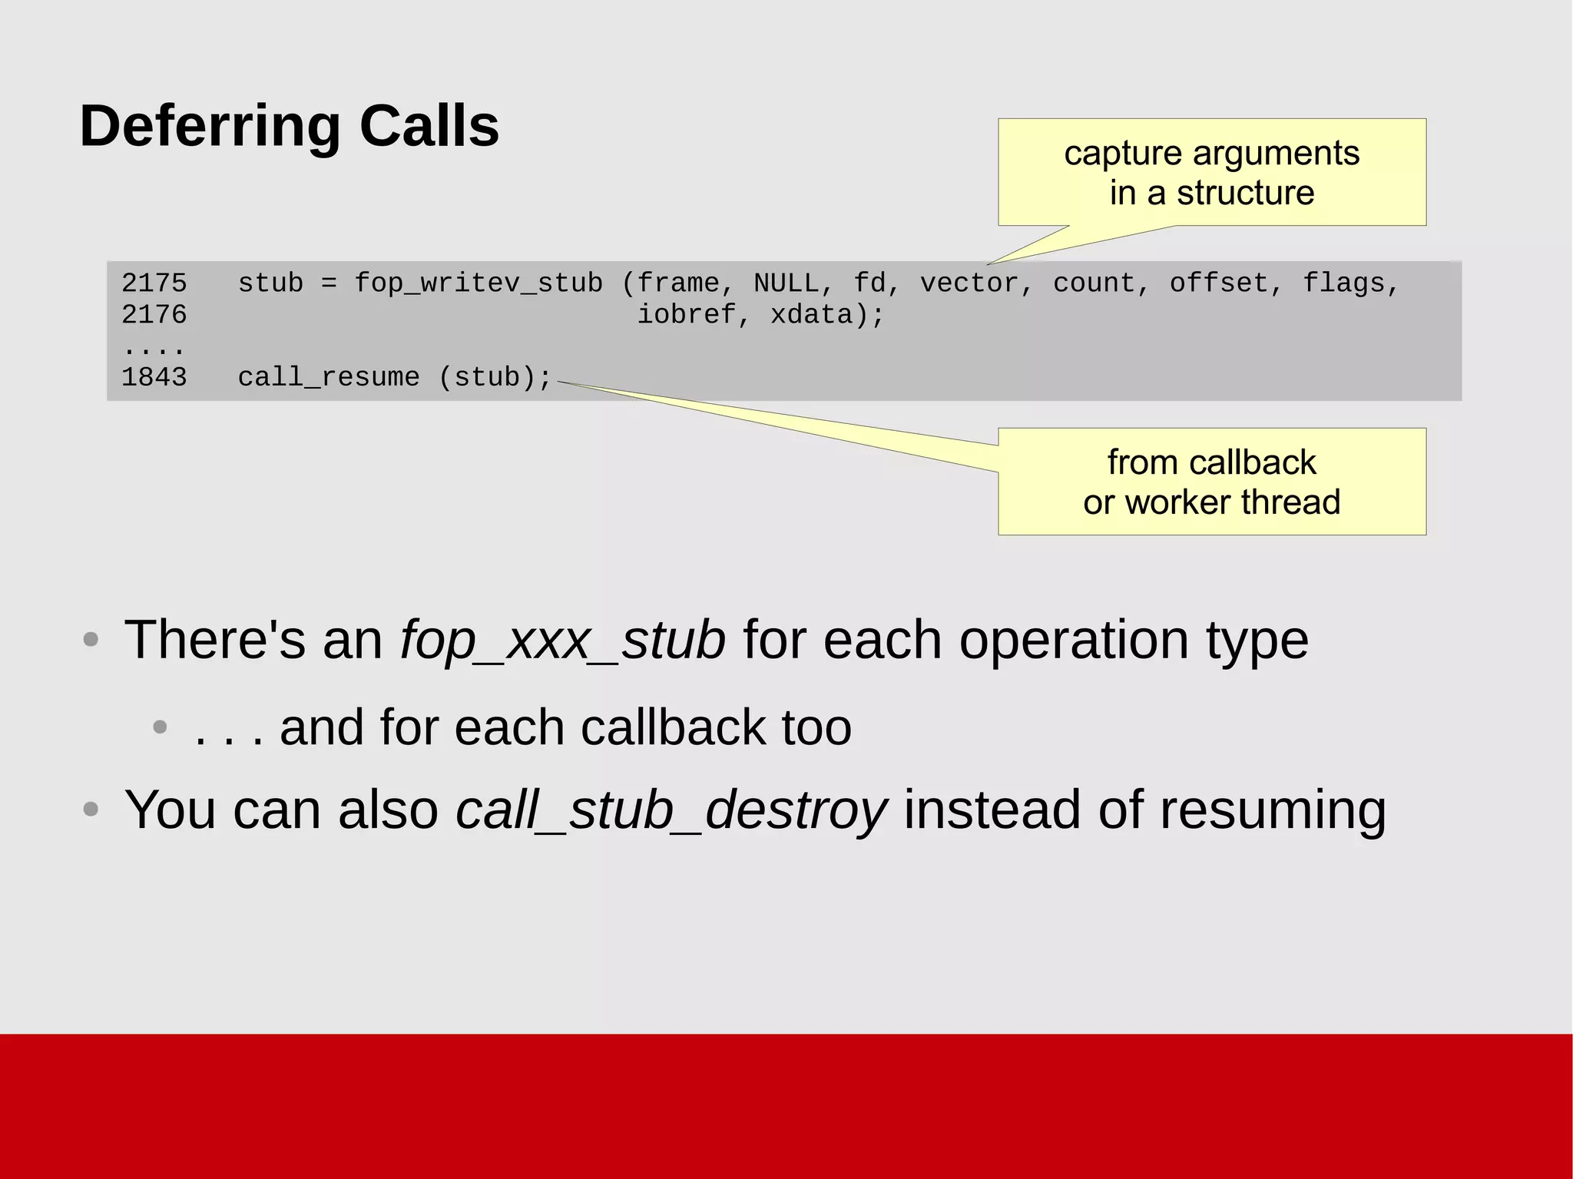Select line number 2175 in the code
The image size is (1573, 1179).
154,283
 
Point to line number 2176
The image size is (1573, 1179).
154,315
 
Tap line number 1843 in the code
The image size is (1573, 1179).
154,377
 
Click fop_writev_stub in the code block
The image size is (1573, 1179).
478,283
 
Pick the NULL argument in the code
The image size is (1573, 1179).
786,283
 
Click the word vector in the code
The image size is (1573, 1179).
969,283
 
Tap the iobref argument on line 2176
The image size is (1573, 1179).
686,315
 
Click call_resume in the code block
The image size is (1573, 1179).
329,377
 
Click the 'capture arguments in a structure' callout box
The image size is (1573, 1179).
1211,173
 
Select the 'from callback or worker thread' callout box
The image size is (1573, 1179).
1211,482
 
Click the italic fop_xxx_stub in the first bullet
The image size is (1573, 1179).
562,640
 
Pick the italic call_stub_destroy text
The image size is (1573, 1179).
671,810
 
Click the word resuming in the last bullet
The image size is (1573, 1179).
1272,810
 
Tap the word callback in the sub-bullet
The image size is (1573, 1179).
674,727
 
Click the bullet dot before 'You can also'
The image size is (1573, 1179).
91,810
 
